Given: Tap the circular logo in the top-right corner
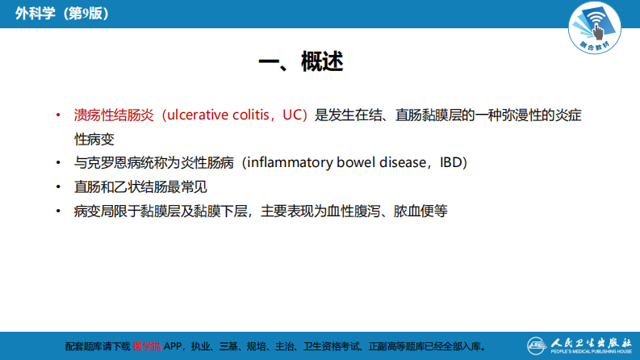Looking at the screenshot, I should pyautogui.click(x=600, y=28).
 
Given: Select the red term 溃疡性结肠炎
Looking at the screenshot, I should pyautogui.click(x=114, y=115).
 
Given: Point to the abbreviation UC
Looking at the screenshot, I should pyautogui.click(x=291, y=115).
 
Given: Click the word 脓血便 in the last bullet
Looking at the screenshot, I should pyautogui.click(x=413, y=211).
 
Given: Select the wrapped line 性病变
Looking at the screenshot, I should pyautogui.click(x=94, y=139).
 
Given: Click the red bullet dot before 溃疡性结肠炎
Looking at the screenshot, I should pyautogui.click(x=58, y=115).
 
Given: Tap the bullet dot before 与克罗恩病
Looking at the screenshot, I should pyautogui.click(x=58, y=162).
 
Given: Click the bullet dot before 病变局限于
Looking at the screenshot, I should pyautogui.click(x=58, y=211).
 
